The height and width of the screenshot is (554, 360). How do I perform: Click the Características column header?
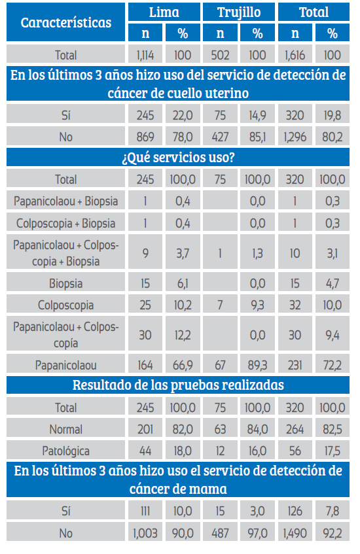pyautogui.click(x=65, y=22)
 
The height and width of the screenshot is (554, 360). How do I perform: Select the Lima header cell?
pyautogui.click(x=164, y=12)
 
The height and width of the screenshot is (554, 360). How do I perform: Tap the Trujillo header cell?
pyautogui.click(x=239, y=12)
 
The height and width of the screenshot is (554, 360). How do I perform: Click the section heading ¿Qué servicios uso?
pyautogui.click(x=178, y=157)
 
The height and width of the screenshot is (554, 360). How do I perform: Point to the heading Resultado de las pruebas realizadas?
pyautogui.click(x=178, y=385)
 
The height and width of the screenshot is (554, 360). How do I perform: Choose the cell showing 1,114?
pyautogui.click(x=145, y=55)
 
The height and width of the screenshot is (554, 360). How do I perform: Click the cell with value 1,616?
pyautogui.click(x=295, y=55)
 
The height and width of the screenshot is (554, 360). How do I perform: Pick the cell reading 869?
pyautogui.click(x=145, y=137)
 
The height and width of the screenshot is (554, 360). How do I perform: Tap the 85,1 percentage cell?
pyautogui.click(x=257, y=137)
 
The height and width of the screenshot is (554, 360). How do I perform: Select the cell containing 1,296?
pyautogui.click(x=295, y=137)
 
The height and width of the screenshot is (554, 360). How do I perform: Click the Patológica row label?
pyautogui.click(x=65, y=451)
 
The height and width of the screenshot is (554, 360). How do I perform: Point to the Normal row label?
pyautogui.click(x=65, y=429)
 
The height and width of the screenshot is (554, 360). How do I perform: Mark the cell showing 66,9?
pyautogui.click(x=183, y=364)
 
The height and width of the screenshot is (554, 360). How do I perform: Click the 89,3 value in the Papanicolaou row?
pyautogui.click(x=257, y=364)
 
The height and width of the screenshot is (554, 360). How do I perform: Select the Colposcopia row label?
pyautogui.click(x=65, y=305)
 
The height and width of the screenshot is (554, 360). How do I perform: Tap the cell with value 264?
pyautogui.click(x=295, y=429)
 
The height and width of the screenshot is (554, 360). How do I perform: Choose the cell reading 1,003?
pyautogui.click(x=145, y=533)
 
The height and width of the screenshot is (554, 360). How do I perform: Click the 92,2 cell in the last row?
pyautogui.click(x=332, y=533)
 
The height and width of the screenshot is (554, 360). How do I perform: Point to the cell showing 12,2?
pyautogui.click(x=183, y=335)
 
